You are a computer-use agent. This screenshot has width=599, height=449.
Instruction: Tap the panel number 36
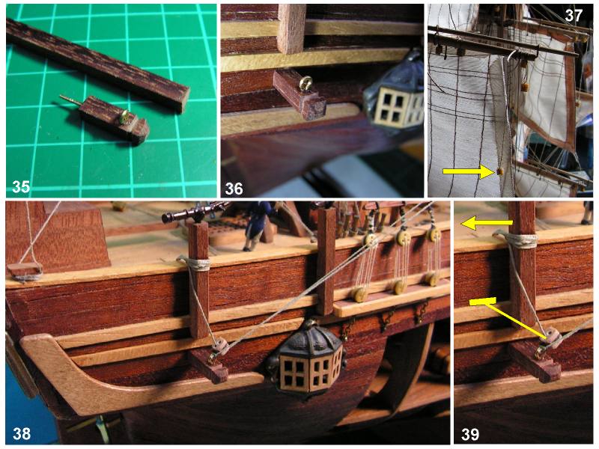pyautogui.click(x=234, y=189)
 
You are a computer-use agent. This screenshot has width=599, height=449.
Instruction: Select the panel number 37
pyautogui.click(x=574, y=16)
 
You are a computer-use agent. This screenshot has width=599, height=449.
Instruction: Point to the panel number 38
pyautogui.click(x=22, y=434)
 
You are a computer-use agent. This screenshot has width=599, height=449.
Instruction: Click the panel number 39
pyautogui.click(x=470, y=434)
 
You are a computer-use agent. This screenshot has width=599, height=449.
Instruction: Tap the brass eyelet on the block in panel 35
pyautogui.click(x=124, y=117)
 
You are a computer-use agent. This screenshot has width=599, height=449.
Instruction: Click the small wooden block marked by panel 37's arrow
pyautogui.click(x=499, y=172)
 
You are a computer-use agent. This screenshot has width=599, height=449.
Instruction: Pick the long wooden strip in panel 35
pyautogui.click(x=98, y=65)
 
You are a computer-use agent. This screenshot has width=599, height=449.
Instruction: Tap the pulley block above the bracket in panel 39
pyautogui.click(x=553, y=338)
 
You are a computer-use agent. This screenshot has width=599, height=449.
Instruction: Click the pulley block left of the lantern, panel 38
pyautogui.click(x=221, y=346)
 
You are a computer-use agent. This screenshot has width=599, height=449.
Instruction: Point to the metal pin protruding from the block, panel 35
pyautogui.click(x=70, y=101)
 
